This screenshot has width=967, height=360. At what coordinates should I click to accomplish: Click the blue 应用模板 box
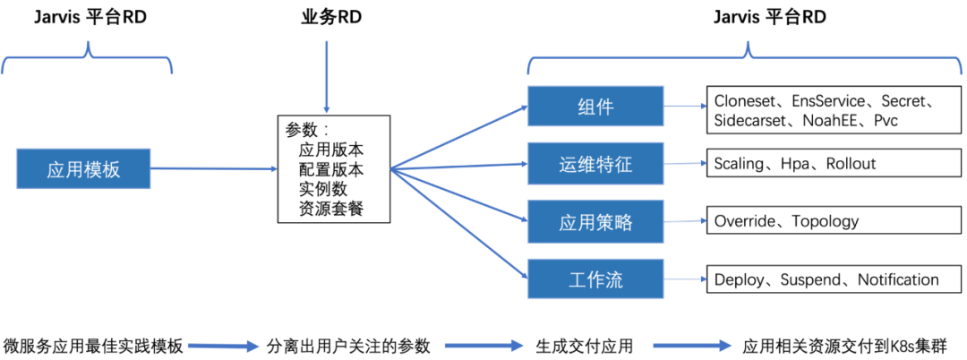[83, 169]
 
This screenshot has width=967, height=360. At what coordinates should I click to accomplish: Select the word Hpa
[797, 164]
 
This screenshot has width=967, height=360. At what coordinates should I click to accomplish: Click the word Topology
[825, 221]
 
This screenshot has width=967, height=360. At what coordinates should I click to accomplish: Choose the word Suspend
[810, 279]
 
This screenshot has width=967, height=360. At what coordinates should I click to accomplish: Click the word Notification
[898, 279]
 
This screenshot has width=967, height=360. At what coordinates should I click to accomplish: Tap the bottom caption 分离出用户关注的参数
[349, 345]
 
